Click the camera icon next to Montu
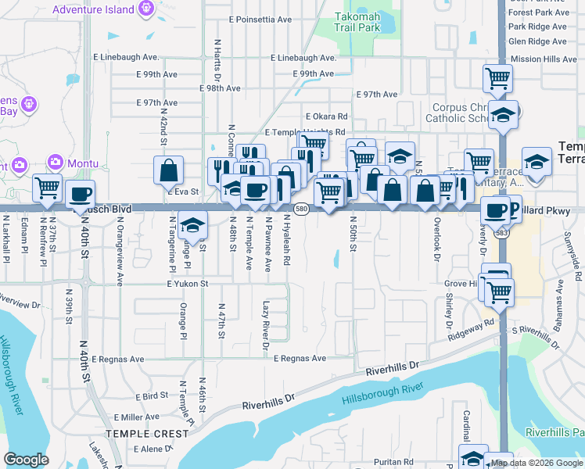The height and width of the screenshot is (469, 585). click(x=56, y=163)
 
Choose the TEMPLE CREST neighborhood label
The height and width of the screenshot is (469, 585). click(x=147, y=433)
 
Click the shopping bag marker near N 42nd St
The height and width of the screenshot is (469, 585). click(x=168, y=170)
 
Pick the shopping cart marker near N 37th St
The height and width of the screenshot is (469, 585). click(x=47, y=188)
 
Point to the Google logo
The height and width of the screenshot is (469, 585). click(x=26, y=460)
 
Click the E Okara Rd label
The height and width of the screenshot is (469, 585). click(x=326, y=116)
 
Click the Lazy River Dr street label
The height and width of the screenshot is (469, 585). click(x=266, y=325)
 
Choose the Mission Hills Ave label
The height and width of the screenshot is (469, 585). click(x=543, y=59)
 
